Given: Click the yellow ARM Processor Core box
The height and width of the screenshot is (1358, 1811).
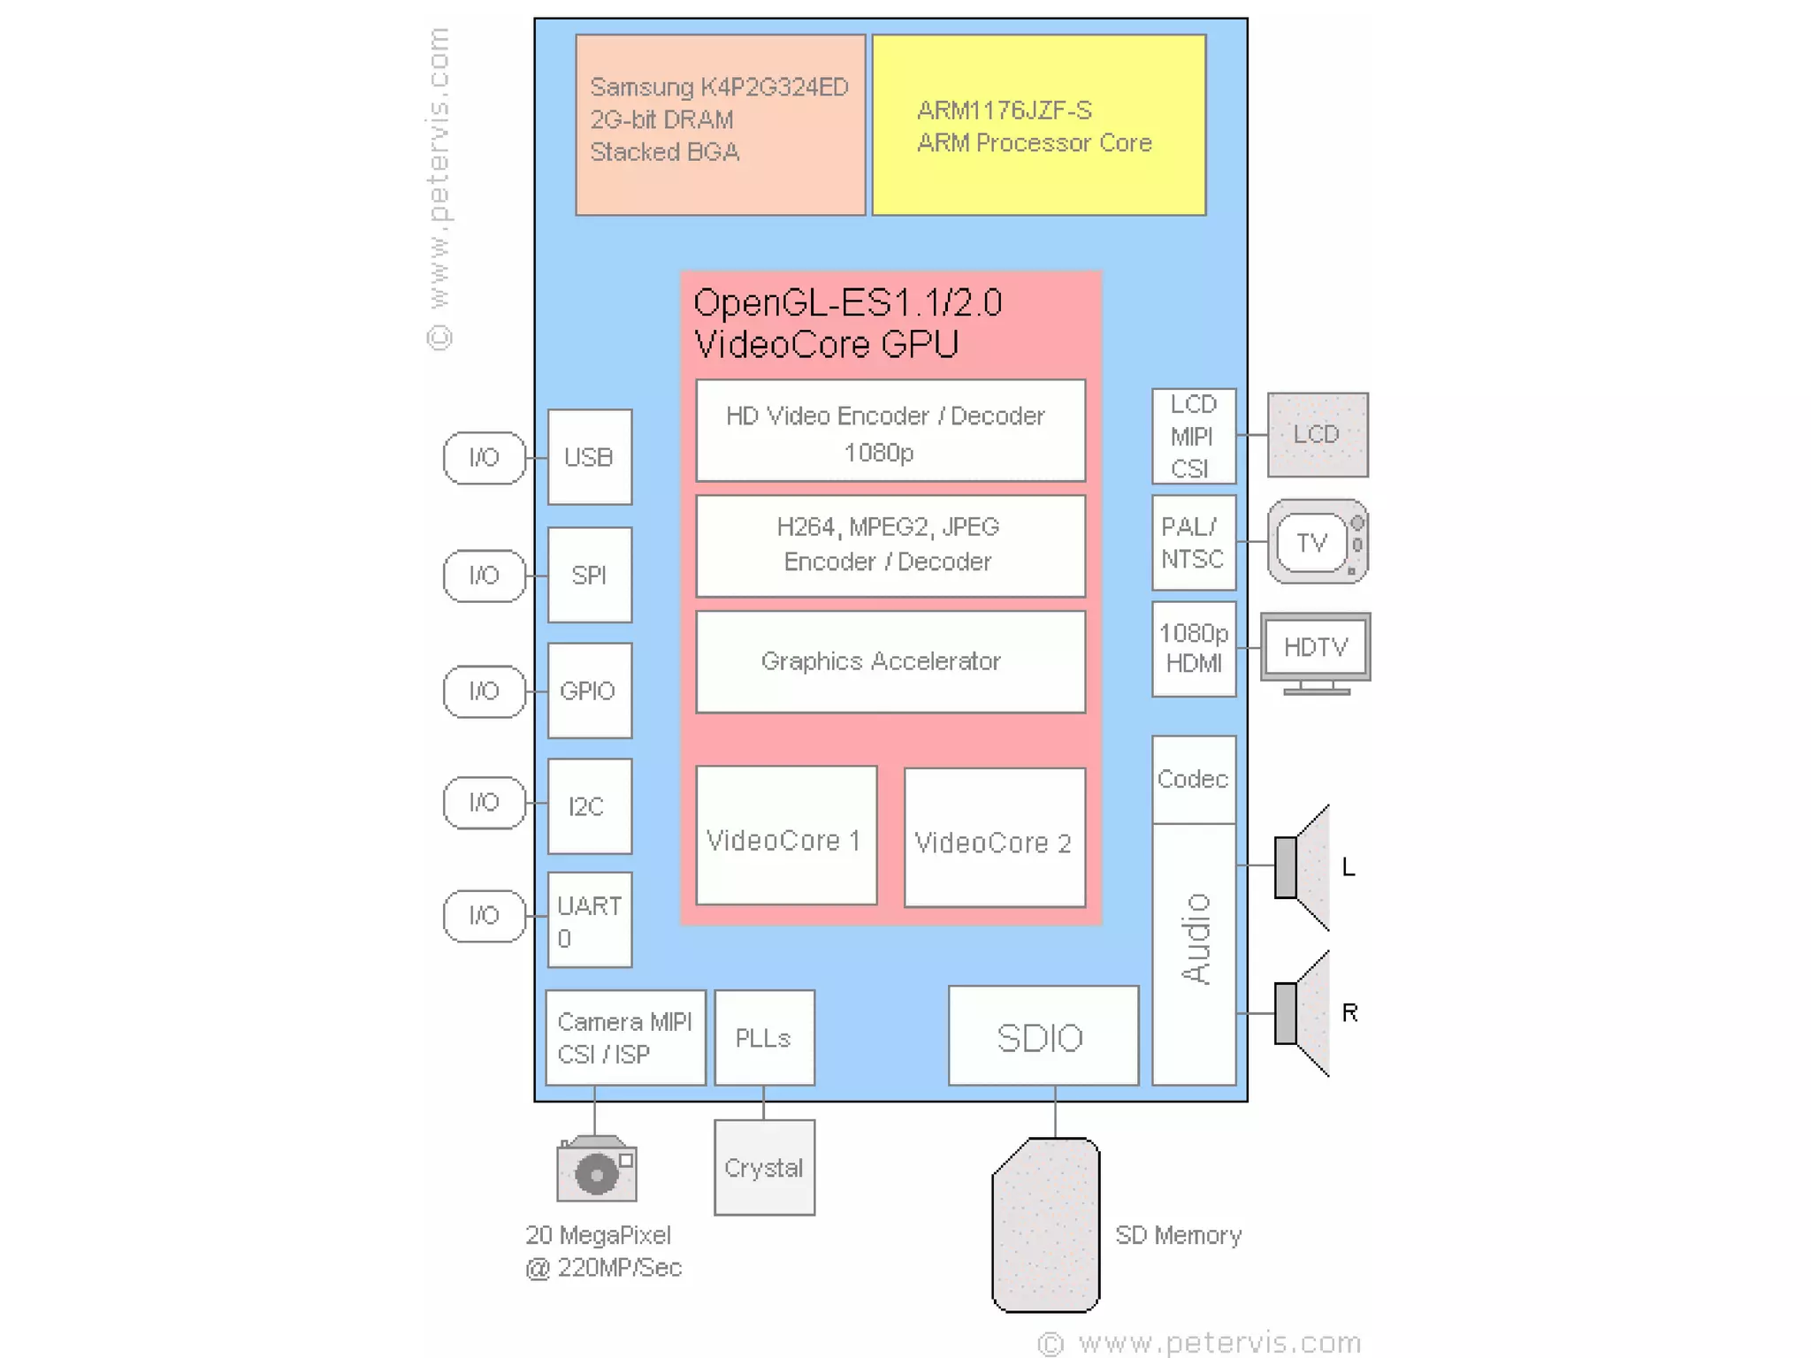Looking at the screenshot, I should click(1039, 125).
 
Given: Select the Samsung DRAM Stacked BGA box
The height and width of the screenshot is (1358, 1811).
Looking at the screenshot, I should click(720, 125).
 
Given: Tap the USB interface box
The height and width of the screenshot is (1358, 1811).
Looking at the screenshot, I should click(590, 457).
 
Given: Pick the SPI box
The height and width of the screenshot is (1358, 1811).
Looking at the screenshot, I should click(590, 575).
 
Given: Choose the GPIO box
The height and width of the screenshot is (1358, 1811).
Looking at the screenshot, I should click(590, 690).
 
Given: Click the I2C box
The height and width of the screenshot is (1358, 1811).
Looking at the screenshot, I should click(590, 805).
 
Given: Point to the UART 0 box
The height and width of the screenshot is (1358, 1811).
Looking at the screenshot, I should click(590, 919).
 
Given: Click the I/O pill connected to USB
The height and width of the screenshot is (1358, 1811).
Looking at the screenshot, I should click(484, 457).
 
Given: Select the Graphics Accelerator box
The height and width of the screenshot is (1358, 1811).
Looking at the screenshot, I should click(890, 661).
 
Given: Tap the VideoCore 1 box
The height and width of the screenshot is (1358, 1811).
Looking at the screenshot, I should click(786, 835).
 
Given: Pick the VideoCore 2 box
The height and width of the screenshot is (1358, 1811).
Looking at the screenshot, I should click(995, 837).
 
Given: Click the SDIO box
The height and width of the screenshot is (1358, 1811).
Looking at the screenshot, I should click(1043, 1036).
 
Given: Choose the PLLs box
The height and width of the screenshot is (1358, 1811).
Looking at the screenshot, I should click(764, 1038).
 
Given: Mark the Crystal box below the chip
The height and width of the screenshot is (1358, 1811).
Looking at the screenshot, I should click(764, 1168).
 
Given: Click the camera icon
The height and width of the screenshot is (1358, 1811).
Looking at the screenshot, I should click(597, 1170).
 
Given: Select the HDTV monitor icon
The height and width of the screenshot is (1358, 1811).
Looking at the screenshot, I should click(1316, 650).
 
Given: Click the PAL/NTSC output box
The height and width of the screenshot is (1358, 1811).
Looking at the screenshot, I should click(1194, 543).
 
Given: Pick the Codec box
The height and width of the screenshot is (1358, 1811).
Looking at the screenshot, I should click(1194, 779).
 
